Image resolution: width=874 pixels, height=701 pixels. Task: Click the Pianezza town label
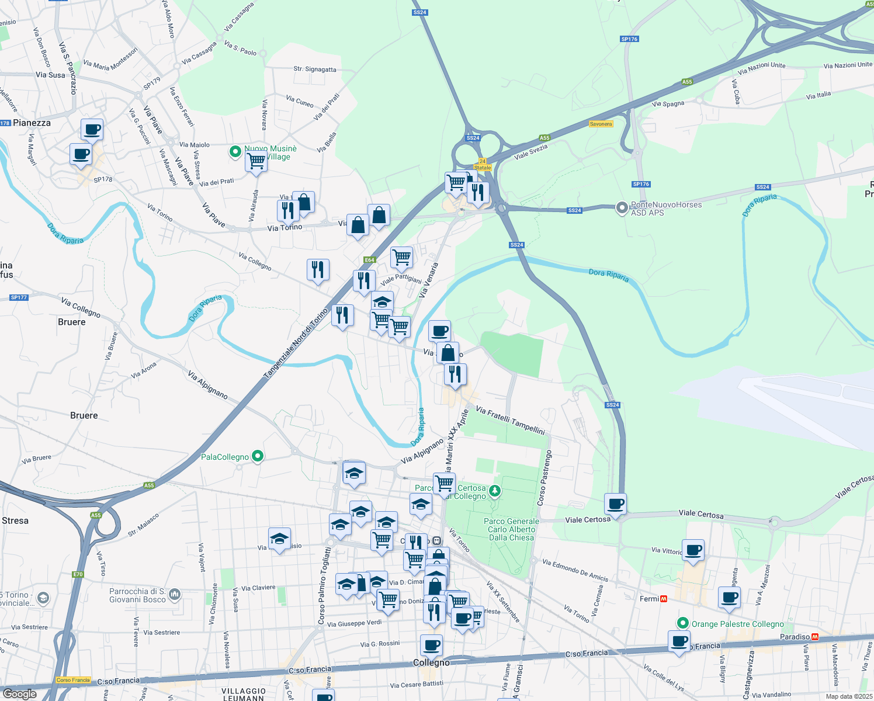tap(32, 123)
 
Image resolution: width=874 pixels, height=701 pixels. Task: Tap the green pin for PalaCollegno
tap(258, 456)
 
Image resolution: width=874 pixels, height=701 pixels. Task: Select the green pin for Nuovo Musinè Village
tap(235, 152)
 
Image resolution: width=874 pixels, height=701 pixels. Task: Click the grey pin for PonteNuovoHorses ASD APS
tap(622, 207)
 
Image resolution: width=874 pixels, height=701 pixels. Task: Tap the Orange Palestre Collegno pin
tap(681, 623)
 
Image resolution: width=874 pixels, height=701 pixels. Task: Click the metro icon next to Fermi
tap(663, 599)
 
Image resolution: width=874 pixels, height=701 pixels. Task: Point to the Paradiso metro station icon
tap(815, 637)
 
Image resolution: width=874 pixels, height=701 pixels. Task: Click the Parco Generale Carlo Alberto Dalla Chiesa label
tap(511, 529)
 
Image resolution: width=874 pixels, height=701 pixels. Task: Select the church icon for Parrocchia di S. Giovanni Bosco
tap(175, 595)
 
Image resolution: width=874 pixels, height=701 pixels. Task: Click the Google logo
tap(19, 693)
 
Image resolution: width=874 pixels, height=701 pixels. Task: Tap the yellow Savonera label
tap(601, 124)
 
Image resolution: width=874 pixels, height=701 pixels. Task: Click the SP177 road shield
tap(19, 297)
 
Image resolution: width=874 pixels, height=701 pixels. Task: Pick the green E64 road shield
tap(369, 260)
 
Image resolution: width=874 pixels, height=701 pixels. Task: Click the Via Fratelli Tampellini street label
tap(510, 421)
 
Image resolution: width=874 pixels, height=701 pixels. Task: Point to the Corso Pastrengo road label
tap(544, 478)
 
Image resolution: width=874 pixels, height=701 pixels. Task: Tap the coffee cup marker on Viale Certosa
tap(615, 504)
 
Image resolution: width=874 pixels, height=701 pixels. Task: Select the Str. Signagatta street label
tap(315, 69)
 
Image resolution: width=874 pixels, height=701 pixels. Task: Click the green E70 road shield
tap(78, 574)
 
